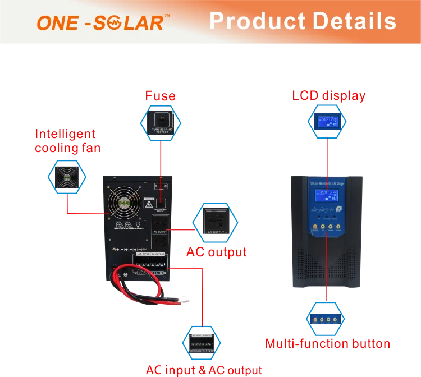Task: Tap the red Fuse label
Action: tap(160, 96)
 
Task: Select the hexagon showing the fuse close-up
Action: tap(160, 123)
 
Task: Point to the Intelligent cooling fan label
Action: tap(66, 141)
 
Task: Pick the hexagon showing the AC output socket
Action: tap(216, 223)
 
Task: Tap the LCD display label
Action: tap(329, 96)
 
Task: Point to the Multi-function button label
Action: tap(327, 343)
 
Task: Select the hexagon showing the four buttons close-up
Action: tap(326, 318)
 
